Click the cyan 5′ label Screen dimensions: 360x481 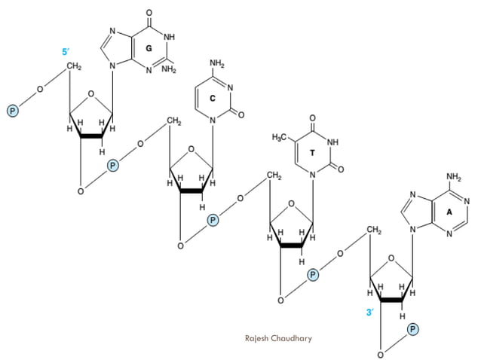coord(66,52)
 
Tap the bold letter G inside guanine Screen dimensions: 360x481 coord(149,48)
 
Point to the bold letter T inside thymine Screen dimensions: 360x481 coord(312,153)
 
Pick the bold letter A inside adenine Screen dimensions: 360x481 coord(449,212)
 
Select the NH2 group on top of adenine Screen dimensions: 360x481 coord(453,177)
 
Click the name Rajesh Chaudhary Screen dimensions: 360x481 coord(278,338)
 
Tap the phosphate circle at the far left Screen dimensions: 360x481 coord(12,111)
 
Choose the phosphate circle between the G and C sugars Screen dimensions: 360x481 coord(113,164)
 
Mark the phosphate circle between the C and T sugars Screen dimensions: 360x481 coord(213,220)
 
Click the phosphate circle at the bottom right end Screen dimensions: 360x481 coord(413,329)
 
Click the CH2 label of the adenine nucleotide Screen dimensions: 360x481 coord(374,230)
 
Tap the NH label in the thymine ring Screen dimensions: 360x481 coord(332,141)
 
